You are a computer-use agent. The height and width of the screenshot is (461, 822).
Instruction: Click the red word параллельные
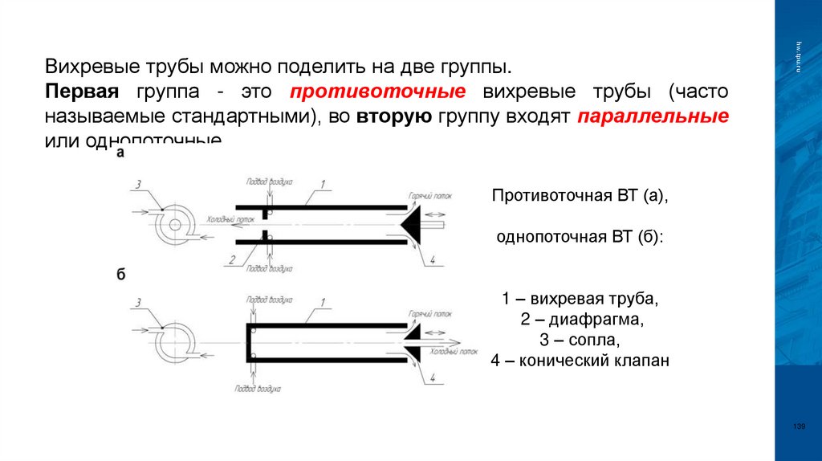click(653, 115)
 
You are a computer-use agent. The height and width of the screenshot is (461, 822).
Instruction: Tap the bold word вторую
click(395, 115)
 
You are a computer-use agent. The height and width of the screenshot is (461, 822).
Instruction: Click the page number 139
click(798, 426)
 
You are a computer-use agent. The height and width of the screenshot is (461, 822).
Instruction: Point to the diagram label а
click(120, 153)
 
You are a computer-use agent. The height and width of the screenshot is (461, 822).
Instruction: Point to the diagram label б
click(121, 275)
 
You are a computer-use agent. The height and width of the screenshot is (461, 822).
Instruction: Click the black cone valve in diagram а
click(420, 224)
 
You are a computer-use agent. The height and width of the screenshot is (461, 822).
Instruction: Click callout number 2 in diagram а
click(230, 259)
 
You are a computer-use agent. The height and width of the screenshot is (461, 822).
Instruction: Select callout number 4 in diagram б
click(432, 377)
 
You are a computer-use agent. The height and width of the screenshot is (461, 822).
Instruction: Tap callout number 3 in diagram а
click(138, 185)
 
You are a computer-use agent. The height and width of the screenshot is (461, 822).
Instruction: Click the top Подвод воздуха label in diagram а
click(262, 182)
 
